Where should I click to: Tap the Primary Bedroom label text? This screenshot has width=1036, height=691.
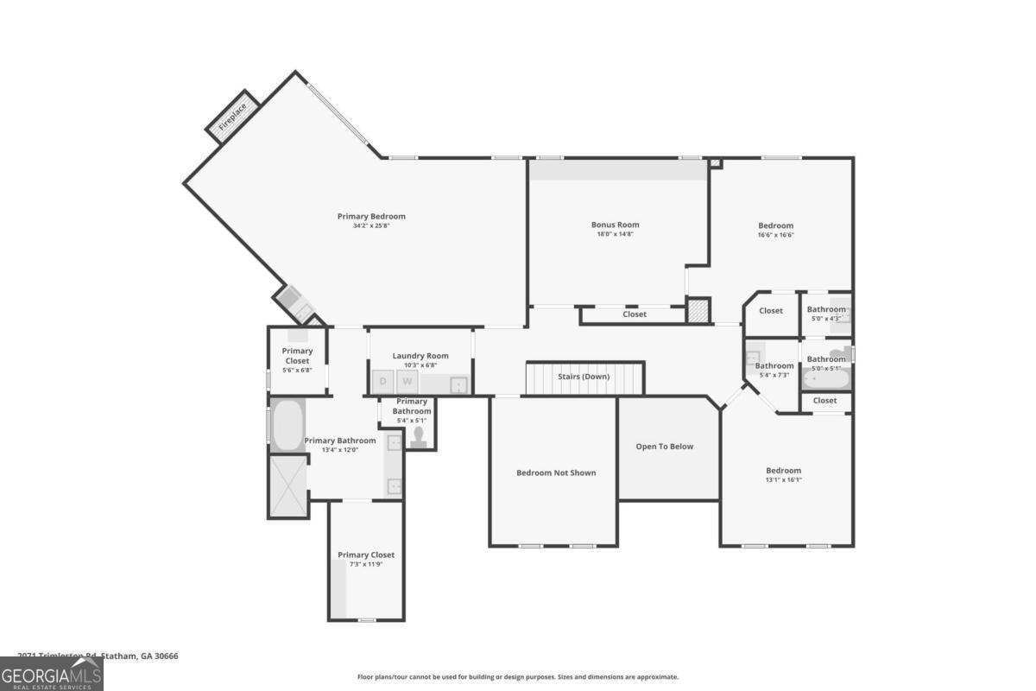[x=371, y=216]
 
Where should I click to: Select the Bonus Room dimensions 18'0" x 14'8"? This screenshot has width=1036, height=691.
[x=616, y=234]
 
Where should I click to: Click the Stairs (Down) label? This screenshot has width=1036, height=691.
[x=584, y=377]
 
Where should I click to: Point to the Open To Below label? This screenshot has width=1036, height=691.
[x=665, y=447]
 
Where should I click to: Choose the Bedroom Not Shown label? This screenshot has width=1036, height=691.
[x=556, y=472]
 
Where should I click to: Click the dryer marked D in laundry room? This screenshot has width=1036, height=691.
[x=382, y=381]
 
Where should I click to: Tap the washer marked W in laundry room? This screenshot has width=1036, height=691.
[x=407, y=381]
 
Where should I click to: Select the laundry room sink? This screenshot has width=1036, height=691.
[x=458, y=384]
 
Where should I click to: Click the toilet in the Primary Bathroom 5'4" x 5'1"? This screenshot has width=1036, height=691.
[x=420, y=437]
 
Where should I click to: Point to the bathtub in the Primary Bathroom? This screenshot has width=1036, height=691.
[x=287, y=425]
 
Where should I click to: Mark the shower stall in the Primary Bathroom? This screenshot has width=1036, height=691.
[x=288, y=486]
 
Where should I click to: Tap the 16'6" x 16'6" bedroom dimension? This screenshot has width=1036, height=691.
[x=775, y=235]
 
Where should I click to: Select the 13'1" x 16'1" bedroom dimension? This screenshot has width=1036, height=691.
[x=784, y=480]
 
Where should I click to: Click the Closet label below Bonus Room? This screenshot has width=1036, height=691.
[x=635, y=314]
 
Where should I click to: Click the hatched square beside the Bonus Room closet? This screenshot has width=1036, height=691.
[x=698, y=311]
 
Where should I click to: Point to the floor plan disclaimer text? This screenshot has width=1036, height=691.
[x=518, y=677]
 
